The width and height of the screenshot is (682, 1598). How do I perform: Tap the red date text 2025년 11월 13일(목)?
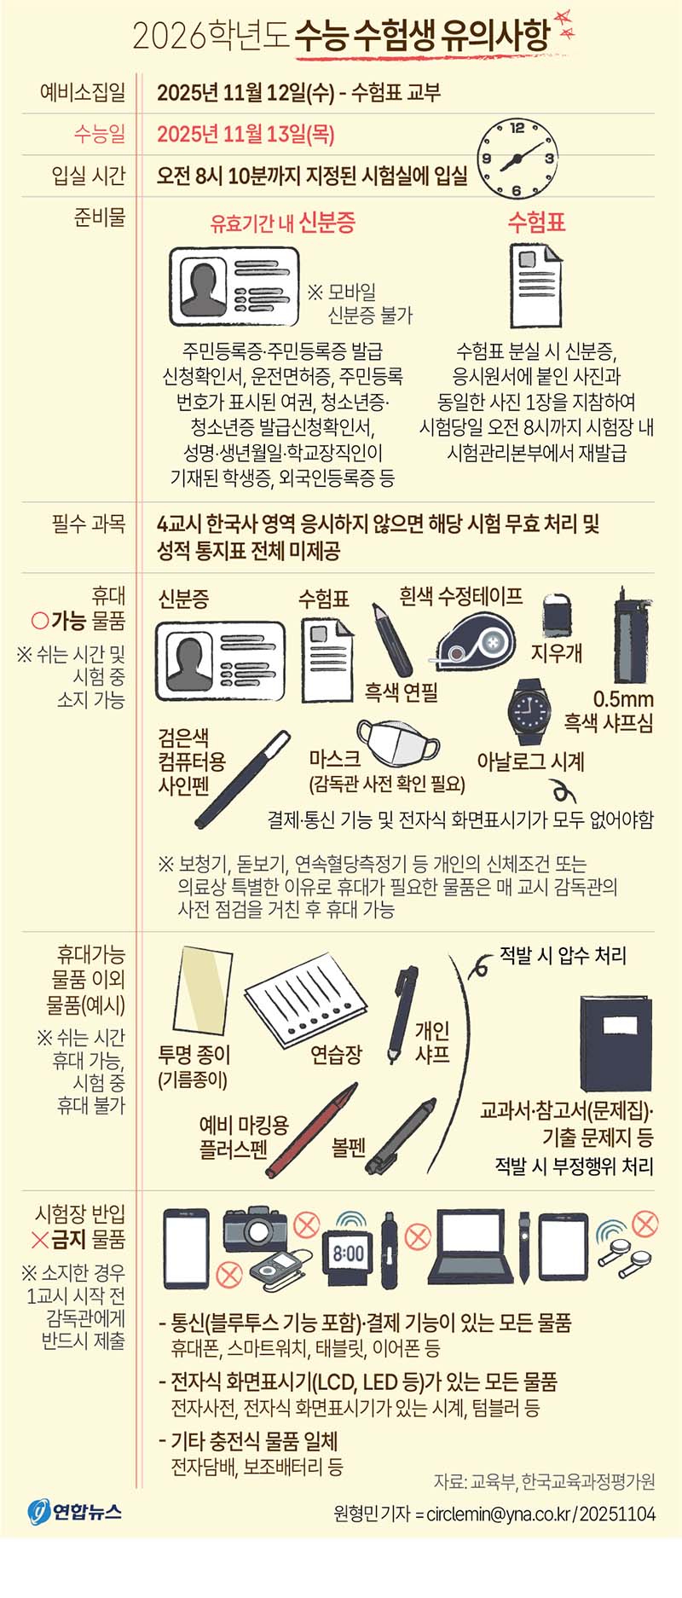point(246,134)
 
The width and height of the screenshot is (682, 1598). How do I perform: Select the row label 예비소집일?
point(83,92)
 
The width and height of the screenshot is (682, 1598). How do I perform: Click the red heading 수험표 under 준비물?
point(536,223)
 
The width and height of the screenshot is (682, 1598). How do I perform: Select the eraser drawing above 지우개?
point(558,614)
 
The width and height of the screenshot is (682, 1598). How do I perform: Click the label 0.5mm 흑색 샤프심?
point(609,711)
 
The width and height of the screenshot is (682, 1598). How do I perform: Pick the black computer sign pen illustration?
point(243,779)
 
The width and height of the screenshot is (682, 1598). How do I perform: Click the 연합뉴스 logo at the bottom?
point(75,1512)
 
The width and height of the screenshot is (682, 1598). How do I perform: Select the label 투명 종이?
point(194,1055)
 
